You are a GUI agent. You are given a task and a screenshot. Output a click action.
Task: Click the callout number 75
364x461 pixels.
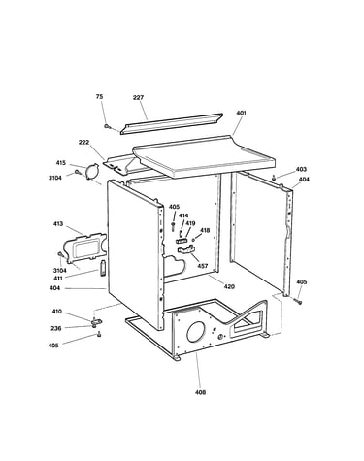[x=99, y=97]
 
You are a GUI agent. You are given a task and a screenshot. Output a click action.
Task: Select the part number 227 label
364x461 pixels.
[x=138, y=97]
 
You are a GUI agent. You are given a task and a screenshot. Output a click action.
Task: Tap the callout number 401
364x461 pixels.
[x=241, y=113]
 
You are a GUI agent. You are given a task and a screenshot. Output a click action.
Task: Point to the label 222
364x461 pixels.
[x=83, y=142]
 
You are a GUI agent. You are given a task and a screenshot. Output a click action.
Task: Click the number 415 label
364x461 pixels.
[x=60, y=163]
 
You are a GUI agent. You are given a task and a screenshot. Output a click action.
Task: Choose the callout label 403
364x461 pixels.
[x=301, y=169]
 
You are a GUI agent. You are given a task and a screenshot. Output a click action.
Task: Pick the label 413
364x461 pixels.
[x=58, y=224]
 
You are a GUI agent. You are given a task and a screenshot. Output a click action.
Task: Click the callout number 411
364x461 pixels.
[x=59, y=279]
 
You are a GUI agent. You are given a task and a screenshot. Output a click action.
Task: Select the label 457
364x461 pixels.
[x=203, y=266]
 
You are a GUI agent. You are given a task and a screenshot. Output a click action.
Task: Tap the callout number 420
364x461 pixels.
[x=229, y=286]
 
